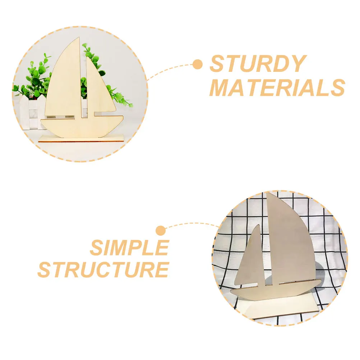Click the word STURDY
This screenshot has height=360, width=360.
(257, 64)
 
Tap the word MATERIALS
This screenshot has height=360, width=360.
(277, 87)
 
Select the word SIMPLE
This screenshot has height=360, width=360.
(129, 247)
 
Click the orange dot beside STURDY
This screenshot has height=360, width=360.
(197, 65)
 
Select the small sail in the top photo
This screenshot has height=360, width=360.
(95, 86)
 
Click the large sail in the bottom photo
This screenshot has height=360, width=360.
(291, 244)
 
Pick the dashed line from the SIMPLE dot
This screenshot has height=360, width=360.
(190, 225)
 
